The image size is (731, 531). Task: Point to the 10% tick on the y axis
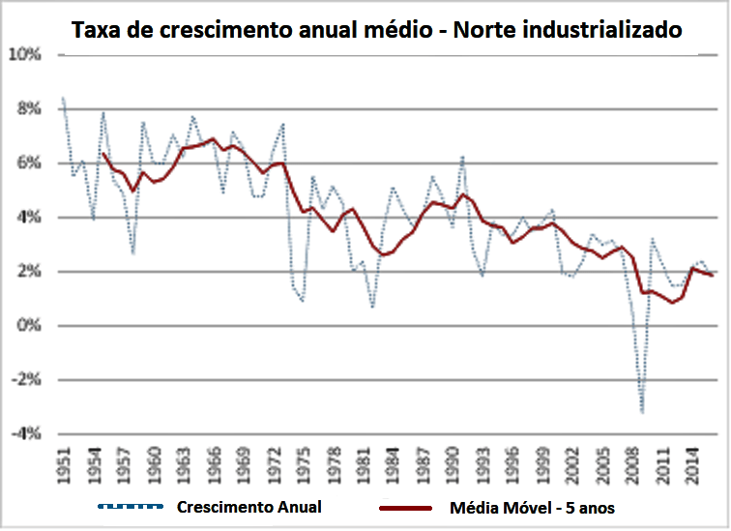coord(26,55)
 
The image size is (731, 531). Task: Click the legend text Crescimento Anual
coord(249,507)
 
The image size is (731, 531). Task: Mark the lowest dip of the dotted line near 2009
coord(642,413)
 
